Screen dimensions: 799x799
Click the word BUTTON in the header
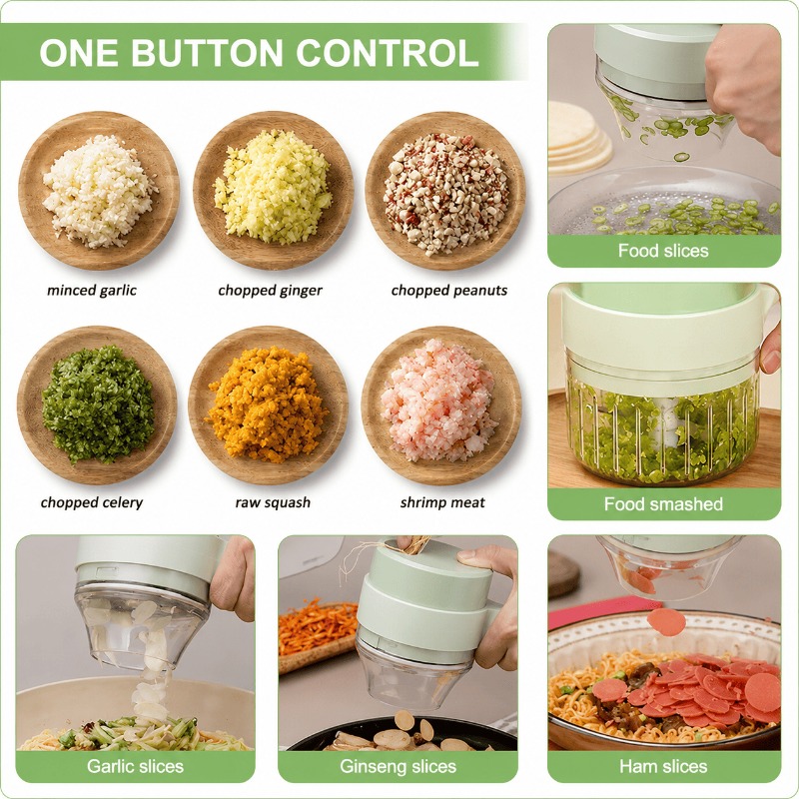pyautogui.click(x=210, y=53)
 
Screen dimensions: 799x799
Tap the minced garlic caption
pyautogui.click(x=92, y=291)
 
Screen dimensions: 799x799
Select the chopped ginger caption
pyautogui.click(x=270, y=291)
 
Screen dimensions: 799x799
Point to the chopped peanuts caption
pyautogui.click(x=449, y=291)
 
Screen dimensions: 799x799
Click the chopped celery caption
pyautogui.click(x=92, y=503)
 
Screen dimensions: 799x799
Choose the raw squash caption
pyautogui.click(x=273, y=503)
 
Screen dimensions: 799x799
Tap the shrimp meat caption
pyautogui.click(x=442, y=503)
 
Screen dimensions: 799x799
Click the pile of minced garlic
pyautogui.click(x=99, y=191)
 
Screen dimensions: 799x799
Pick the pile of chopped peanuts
pyautogui.click(x=445, y=194)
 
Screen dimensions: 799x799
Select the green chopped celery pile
pyautogui.click(x=98, y=404)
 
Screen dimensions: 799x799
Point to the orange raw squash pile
pyautogui.click(x=266, y=405)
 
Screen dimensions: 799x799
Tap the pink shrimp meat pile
pyautogui.click(x=438, y=400)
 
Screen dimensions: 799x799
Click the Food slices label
pyautogui.click(x=663, y=251)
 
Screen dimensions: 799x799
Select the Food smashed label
pyautogui.click(x=663, y=504)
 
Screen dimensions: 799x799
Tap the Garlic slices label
pyautogui.click(x=135, y=766)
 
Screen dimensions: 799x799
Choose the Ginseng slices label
pyautogui.click(x=398, y=766)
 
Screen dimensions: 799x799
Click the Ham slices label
pyautogui.click(x=663, y=766)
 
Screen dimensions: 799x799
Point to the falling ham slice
pyautogui.click(x=666, y=622)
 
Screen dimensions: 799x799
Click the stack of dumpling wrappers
pyautogui.click(x=579, y=137)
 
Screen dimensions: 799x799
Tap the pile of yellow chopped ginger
pyautogui.click(x=274, y=186)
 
